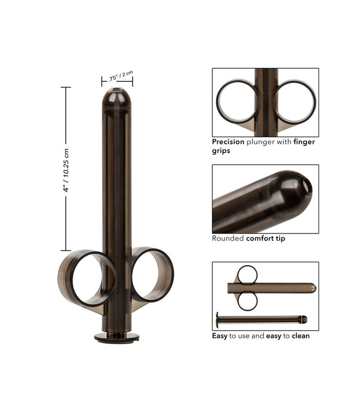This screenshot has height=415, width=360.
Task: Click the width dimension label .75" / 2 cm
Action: (117, 74)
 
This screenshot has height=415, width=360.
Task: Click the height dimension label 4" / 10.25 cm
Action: (66, 169)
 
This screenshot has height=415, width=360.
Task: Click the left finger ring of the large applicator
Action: (86, 278)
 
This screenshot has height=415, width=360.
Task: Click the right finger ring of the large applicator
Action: (152, 275)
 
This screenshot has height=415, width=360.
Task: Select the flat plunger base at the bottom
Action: (116, 337)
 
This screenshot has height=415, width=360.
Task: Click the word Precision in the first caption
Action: (229, 141)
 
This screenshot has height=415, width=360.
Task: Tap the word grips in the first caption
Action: (222, 151)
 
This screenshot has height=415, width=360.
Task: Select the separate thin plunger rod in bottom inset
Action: (260, 319)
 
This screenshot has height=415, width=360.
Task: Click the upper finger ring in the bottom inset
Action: (247, 274)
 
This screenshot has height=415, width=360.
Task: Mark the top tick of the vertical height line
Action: (65, 87)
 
